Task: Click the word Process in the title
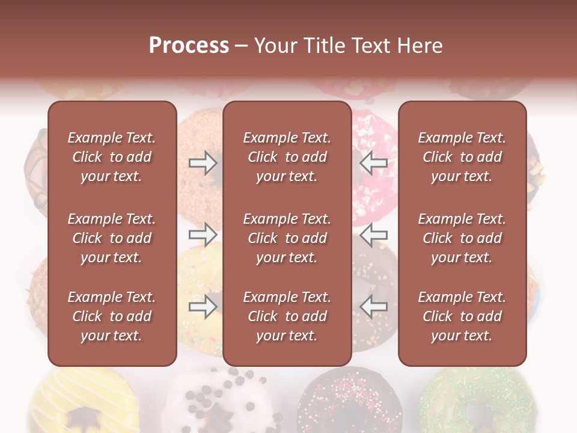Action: [189, 46]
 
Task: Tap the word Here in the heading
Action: [420, 46]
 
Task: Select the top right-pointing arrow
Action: [203, 163]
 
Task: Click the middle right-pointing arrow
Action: [203, 234]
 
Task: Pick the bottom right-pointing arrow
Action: [203, 307]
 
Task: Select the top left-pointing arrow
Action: [374, 163]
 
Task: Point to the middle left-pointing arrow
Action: [374, 234]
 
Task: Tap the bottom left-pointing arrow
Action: [374, 307]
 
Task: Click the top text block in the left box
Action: [112, 157]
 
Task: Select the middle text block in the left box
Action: [112, 238]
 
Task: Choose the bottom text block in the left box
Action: [112, 316]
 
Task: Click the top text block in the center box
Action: [287, 157]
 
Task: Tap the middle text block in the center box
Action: [287, 238]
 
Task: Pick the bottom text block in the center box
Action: [287, 316]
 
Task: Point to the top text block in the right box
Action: [462, 157]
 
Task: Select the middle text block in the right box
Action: [462, 238]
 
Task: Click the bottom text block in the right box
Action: [462, 316]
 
